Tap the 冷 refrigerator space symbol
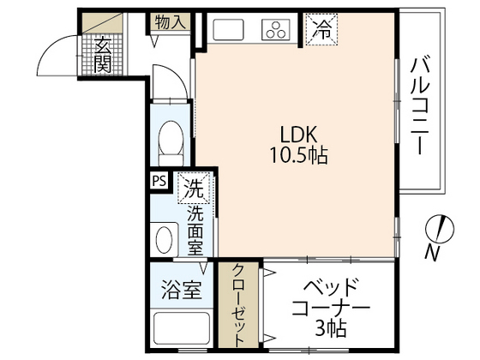[x=321, y=28]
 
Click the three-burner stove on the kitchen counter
[x=277, y=31]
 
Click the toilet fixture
[x=171, y=138]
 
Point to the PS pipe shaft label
[x=159, y=181]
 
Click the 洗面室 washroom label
[x=195, y=229]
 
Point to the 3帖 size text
[x=330, y=327]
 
